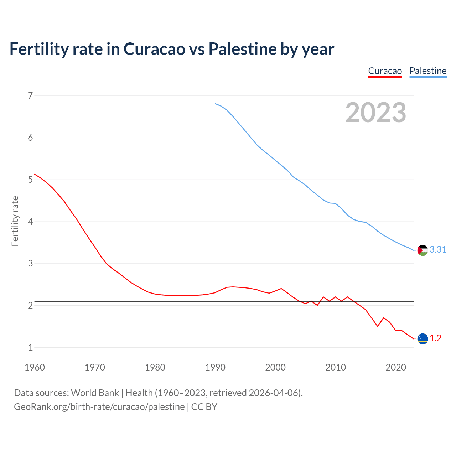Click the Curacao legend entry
pyautogui.click(x=385, y=71)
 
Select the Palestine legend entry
pyautogui.click(x=428, y=71)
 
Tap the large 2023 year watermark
pyautogui.click(x=376, y=113)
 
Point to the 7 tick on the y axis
pyautogui.click(x=30, y=95)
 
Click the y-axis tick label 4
pyautogui.click(x=30, y=222)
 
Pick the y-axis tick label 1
pyautogui.click(x=30, y=347)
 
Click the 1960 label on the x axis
pyautogui.click(x=35, y=367)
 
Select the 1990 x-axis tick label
pyautogui.click(x=215, y=367)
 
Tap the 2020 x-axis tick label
pyautogui.click(x=396, y=367)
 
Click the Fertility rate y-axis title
pyautogui.click(x=15, y=221)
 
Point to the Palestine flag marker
pyautogui.click(x=423, y=250)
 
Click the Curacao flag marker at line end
pyautogui.click(x=423, y=339)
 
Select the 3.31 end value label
pyautogui.click(x=438, y=250)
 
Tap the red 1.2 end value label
pyautogui.click(x=435, y=338)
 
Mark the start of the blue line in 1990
pyautogui.click(x=216, y=104)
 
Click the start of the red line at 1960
pyautogui.click(x=35, y=174)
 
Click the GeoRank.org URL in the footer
pyautogui.click(x=99, y=406)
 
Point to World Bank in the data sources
pyautogui.click(x=95, y=393)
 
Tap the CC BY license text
pyautogui.click(x=204, y=406)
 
